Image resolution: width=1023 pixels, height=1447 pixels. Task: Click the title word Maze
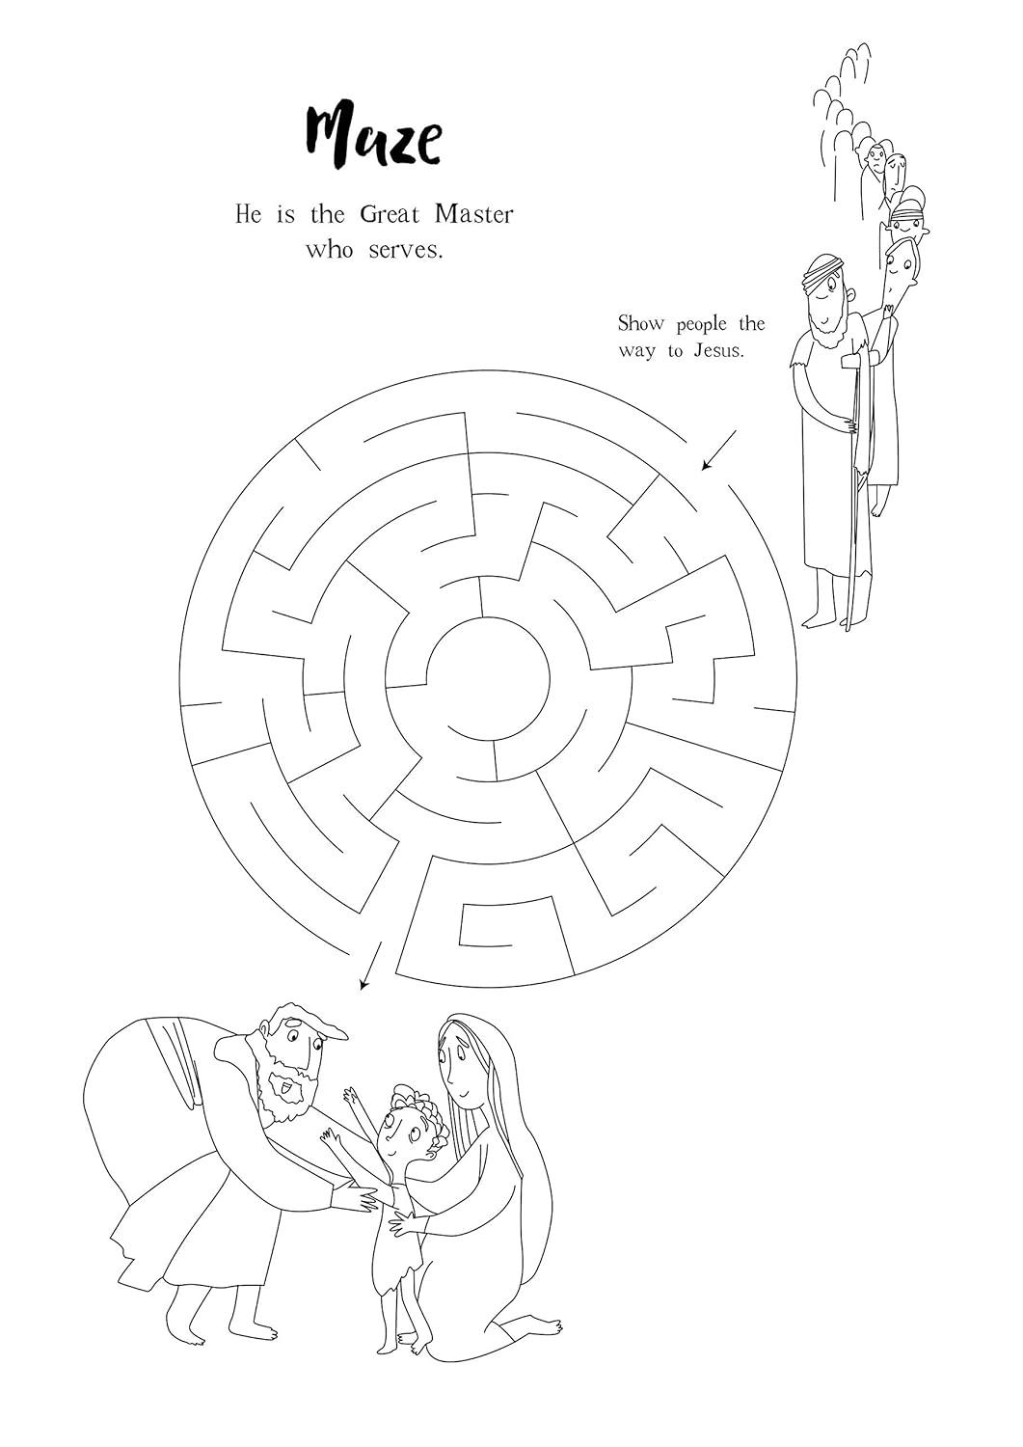click(373, 137)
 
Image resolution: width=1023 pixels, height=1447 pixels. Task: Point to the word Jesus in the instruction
click(719, 350)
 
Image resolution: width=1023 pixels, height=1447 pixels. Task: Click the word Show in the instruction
click(640, 323)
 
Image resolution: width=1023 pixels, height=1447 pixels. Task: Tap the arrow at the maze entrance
click(718, 450)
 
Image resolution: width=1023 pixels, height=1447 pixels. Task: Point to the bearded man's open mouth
click(286, 1092)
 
